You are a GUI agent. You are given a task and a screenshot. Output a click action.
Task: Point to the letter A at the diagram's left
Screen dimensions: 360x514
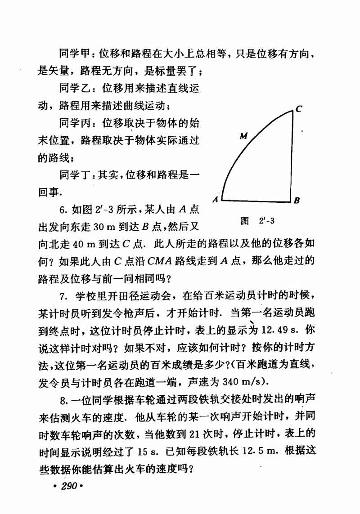coord(216,199)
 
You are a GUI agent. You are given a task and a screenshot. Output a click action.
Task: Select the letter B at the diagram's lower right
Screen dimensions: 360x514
coord(297,201)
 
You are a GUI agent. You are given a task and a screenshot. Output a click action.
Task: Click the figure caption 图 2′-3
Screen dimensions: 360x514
coord(258,221)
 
